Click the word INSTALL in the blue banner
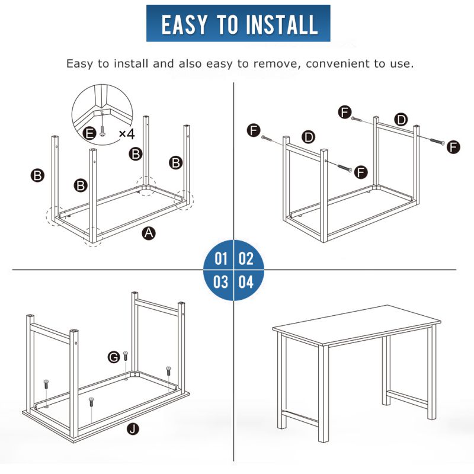point(282,24)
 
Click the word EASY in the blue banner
point(185,24)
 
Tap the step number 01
point(220,259)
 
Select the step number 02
point(246,259)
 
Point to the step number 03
point(220,282)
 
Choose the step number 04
point(246,282)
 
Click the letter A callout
point(149,233)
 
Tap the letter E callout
point(89,133)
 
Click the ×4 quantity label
point(127,134)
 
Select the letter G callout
point(114,358)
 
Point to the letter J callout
point(133,428)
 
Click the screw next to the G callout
point(126,356)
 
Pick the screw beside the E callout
point(103,131)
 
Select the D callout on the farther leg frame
point(401,120)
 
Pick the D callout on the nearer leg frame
point(309,137)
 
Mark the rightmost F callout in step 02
point(453,147)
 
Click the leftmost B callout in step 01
point(38,175)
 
